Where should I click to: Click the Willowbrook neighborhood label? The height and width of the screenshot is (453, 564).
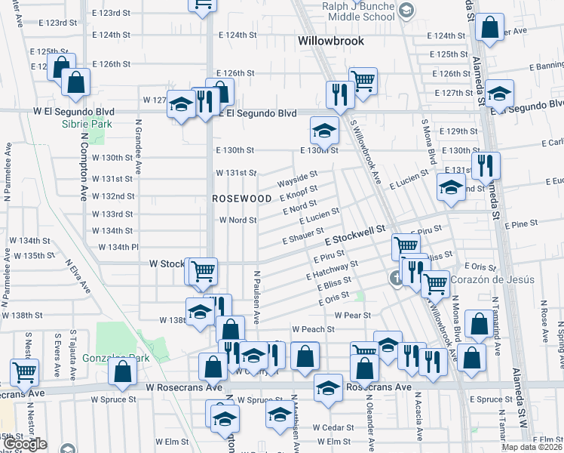point(331,41)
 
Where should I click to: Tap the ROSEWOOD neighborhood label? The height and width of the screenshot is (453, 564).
point(241,198)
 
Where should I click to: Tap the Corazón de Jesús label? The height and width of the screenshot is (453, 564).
point(492,279)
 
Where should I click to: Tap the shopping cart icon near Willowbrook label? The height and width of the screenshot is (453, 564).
point(363,79)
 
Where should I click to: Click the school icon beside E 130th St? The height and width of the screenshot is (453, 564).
point(323,131)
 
